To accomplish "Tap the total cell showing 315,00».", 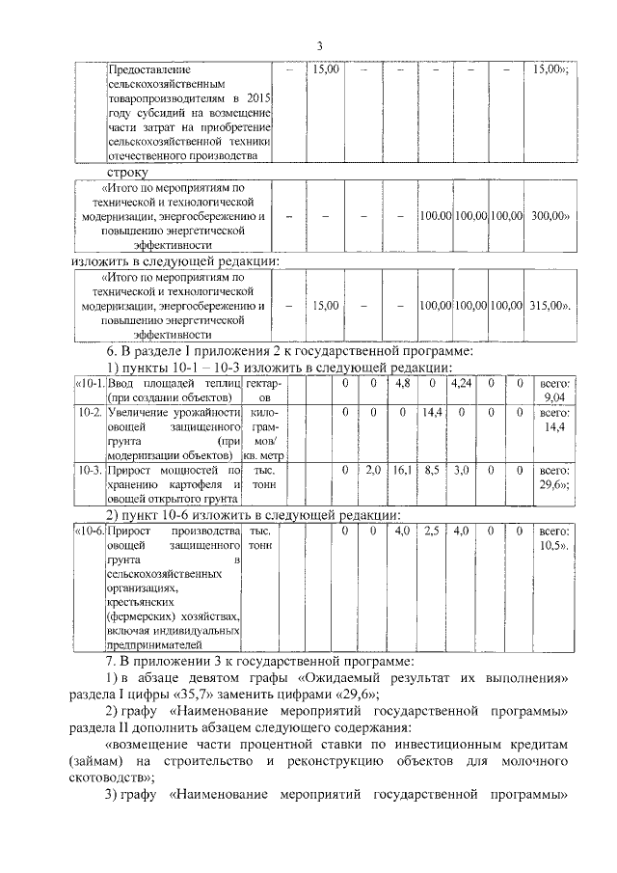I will coord(550,306).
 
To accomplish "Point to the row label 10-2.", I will coord(90,412).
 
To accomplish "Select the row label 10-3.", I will coord(90,470).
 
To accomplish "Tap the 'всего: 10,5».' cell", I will coord(554,538).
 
